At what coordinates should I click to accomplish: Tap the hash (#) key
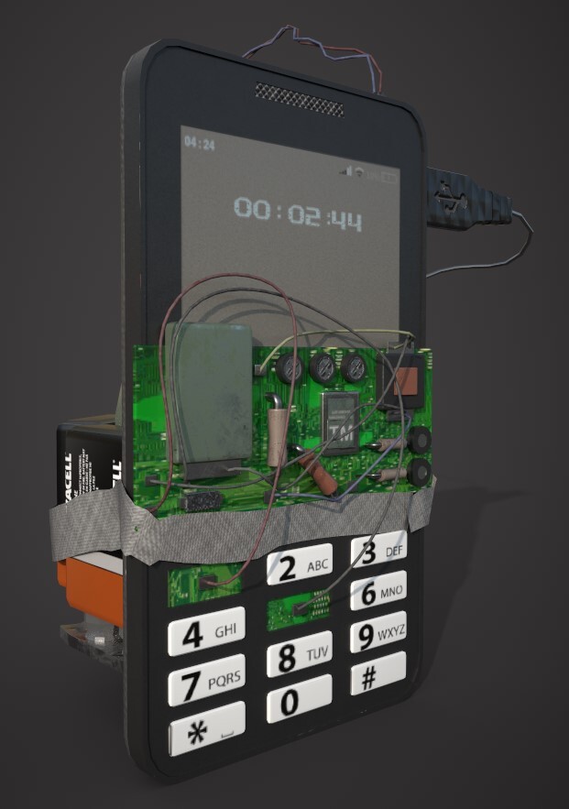click(x=378, y=676)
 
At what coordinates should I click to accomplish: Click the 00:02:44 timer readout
click(x=297, y=213)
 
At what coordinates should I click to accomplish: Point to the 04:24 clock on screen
click(x=200, y=144)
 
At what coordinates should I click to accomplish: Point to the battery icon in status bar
click(x=391, y=173)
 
